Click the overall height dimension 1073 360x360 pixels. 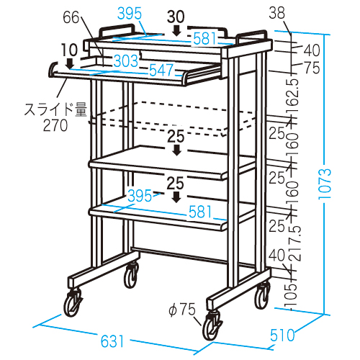tap(325, 184)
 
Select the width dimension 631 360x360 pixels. tap(112, 341)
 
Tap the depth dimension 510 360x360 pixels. tap(282, 335)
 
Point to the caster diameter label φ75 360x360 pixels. tap(182, 310)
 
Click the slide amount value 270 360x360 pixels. tap(55, 125)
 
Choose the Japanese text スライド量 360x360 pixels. tap(55, 110)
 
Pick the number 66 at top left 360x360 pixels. tap(71, 17)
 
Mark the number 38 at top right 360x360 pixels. tap(276, 12)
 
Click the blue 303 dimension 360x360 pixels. tap(126, 61)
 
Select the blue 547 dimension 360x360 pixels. tap(161, 70)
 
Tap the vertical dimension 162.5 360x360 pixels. tap(293, 96)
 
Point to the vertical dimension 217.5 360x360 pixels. tap(294, 243)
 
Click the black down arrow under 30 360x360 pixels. tap(177, 31)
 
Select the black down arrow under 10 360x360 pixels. tap(70, 63)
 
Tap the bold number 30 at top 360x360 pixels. tap(176, 17)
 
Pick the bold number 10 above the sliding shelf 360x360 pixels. tap(70, 50)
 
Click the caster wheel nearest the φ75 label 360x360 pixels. tap(212, 326)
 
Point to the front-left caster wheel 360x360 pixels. tap(73, 302)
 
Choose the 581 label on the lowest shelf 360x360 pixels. tap(201, 212)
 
